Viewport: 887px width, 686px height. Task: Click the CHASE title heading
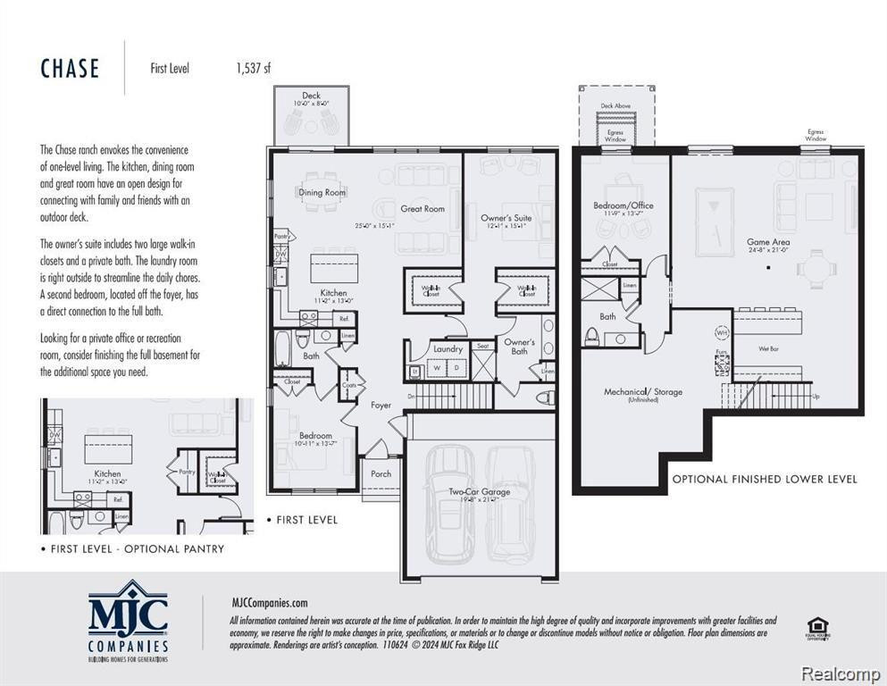[x=70, y=69]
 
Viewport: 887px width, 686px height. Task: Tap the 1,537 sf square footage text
[x=253, y=69]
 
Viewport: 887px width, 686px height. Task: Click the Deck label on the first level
[x=311, y=96]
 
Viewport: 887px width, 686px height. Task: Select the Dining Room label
[x=322, y=192]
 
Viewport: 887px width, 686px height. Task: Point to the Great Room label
[x=423, y=208]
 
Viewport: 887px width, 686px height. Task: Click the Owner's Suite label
[x=506, y=218]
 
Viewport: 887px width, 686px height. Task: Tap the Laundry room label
[x=448, y=349]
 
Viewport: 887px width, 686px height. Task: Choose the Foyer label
[x=381, y=405]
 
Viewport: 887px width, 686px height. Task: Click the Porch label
[x=381, y=473]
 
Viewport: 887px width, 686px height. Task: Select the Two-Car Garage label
[x=480, y=491]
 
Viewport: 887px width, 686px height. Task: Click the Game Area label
[x=768, y=242]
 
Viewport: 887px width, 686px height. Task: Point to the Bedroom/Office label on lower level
[x=623, y=205]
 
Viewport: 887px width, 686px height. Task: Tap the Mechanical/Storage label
[x=643, y=391]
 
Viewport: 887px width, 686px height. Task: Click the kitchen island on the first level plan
[x=334, y=267]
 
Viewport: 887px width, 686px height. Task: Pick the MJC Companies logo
[x=128, y=620]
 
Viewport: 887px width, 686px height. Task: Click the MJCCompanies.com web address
[x=269, y=603]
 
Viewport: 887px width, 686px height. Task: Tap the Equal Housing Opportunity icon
[x=816, y=629]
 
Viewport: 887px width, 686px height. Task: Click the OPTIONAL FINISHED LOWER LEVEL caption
[x=765, y=480]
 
